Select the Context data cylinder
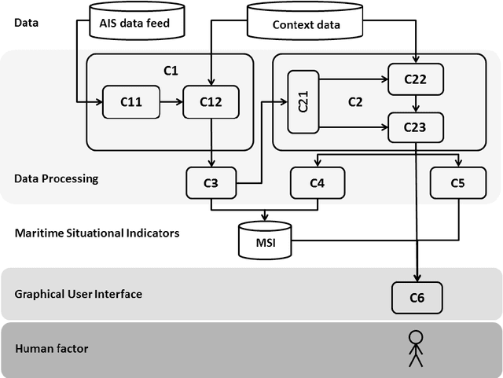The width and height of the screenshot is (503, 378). (307, 21)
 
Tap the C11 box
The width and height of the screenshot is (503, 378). (130, 101)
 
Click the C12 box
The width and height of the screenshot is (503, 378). (210, 101)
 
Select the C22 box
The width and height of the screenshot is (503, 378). (416, 79)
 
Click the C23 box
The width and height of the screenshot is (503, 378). (416, 127)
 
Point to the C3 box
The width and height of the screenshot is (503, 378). (211, 183)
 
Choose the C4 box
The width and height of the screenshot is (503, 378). (318, 183)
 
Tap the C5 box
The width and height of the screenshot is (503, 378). (458, 183)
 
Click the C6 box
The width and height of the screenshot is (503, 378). (417, 296)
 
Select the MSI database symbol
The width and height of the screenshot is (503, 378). (264, 239)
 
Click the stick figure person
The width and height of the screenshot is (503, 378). (414, 349)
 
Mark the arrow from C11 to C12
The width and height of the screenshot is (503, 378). (170, 101)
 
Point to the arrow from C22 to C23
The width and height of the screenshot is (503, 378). (416, 102)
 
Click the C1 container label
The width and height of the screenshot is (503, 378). (171, 71)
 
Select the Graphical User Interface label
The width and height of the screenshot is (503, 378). (79, 295)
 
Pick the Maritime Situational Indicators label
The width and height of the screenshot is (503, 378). (97, 233)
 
